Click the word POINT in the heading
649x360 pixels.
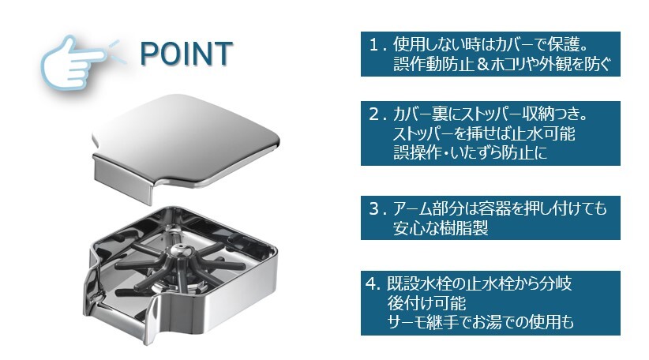[186, 54]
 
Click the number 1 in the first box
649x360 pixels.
[373, 45]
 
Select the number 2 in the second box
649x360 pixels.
[374, 114]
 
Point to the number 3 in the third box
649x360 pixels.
[374, 208]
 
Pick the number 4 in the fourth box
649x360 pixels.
[371, 284]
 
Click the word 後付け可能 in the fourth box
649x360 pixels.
[426, 303]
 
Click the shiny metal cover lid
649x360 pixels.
[186, 143]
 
